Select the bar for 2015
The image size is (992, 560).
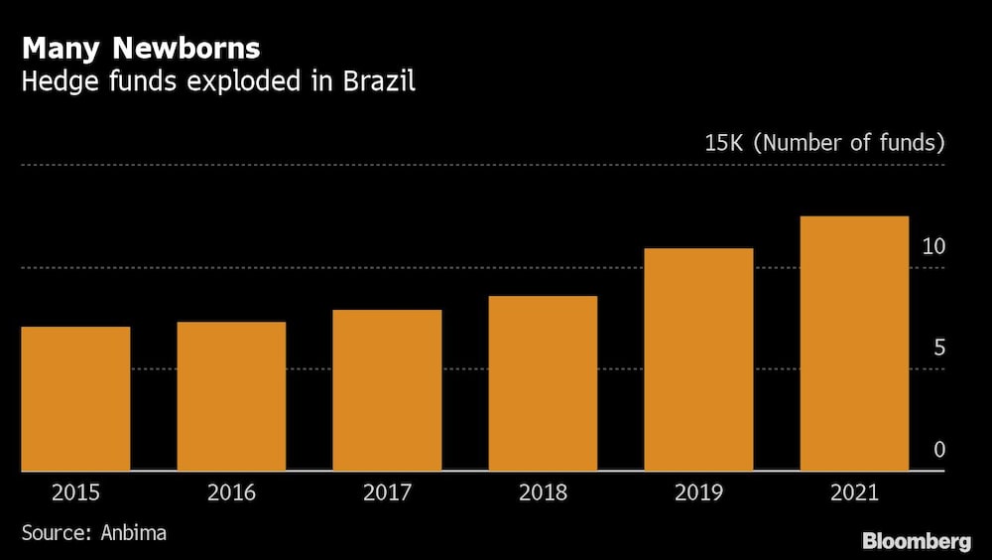[75, 398]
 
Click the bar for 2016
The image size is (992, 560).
[231, 396]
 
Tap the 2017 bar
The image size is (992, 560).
[387, 390]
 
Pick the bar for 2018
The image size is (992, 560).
[543, 383]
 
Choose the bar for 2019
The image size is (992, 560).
[698, 359]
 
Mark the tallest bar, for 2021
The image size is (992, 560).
[854, 344]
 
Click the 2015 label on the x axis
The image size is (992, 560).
[75, 492]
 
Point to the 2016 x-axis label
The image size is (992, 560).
[231, 492]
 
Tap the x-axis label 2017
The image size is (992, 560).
[387, 492]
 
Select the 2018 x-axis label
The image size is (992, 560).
[543, 492]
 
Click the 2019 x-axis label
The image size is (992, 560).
[698, 492]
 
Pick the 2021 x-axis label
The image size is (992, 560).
[854, 492]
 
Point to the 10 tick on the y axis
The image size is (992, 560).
[933, 246]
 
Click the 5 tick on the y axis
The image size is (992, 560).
[939, 348]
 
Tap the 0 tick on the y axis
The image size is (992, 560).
[939, 450]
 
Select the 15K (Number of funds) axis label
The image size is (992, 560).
[824, 143]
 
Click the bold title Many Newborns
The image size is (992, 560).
[141, 49]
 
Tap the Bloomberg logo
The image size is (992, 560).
[917, 541]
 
